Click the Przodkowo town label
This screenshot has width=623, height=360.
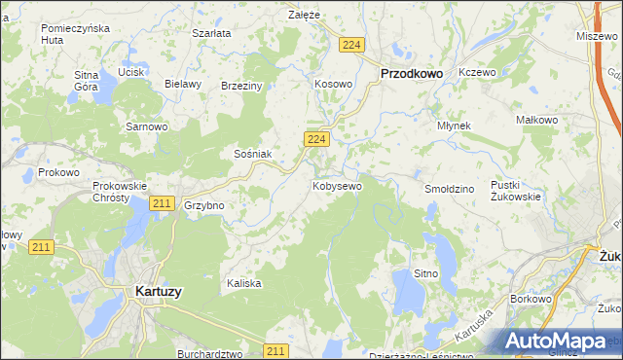click(411, 72)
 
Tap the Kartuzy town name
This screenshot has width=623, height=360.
click(159, 290)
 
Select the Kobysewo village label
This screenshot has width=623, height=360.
click(337, 185)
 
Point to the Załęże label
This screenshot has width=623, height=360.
click(305, 15)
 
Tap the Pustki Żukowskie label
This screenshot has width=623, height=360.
click(516, 190)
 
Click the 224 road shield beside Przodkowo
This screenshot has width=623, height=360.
click(352, 45)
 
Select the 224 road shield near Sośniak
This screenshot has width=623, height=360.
click(314, 140)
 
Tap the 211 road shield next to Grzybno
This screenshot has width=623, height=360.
click(163, 203)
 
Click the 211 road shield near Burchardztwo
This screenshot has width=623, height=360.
click(276, 350)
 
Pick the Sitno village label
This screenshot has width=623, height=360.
click(427, 274)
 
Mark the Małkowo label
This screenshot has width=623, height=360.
click(535, 120)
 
